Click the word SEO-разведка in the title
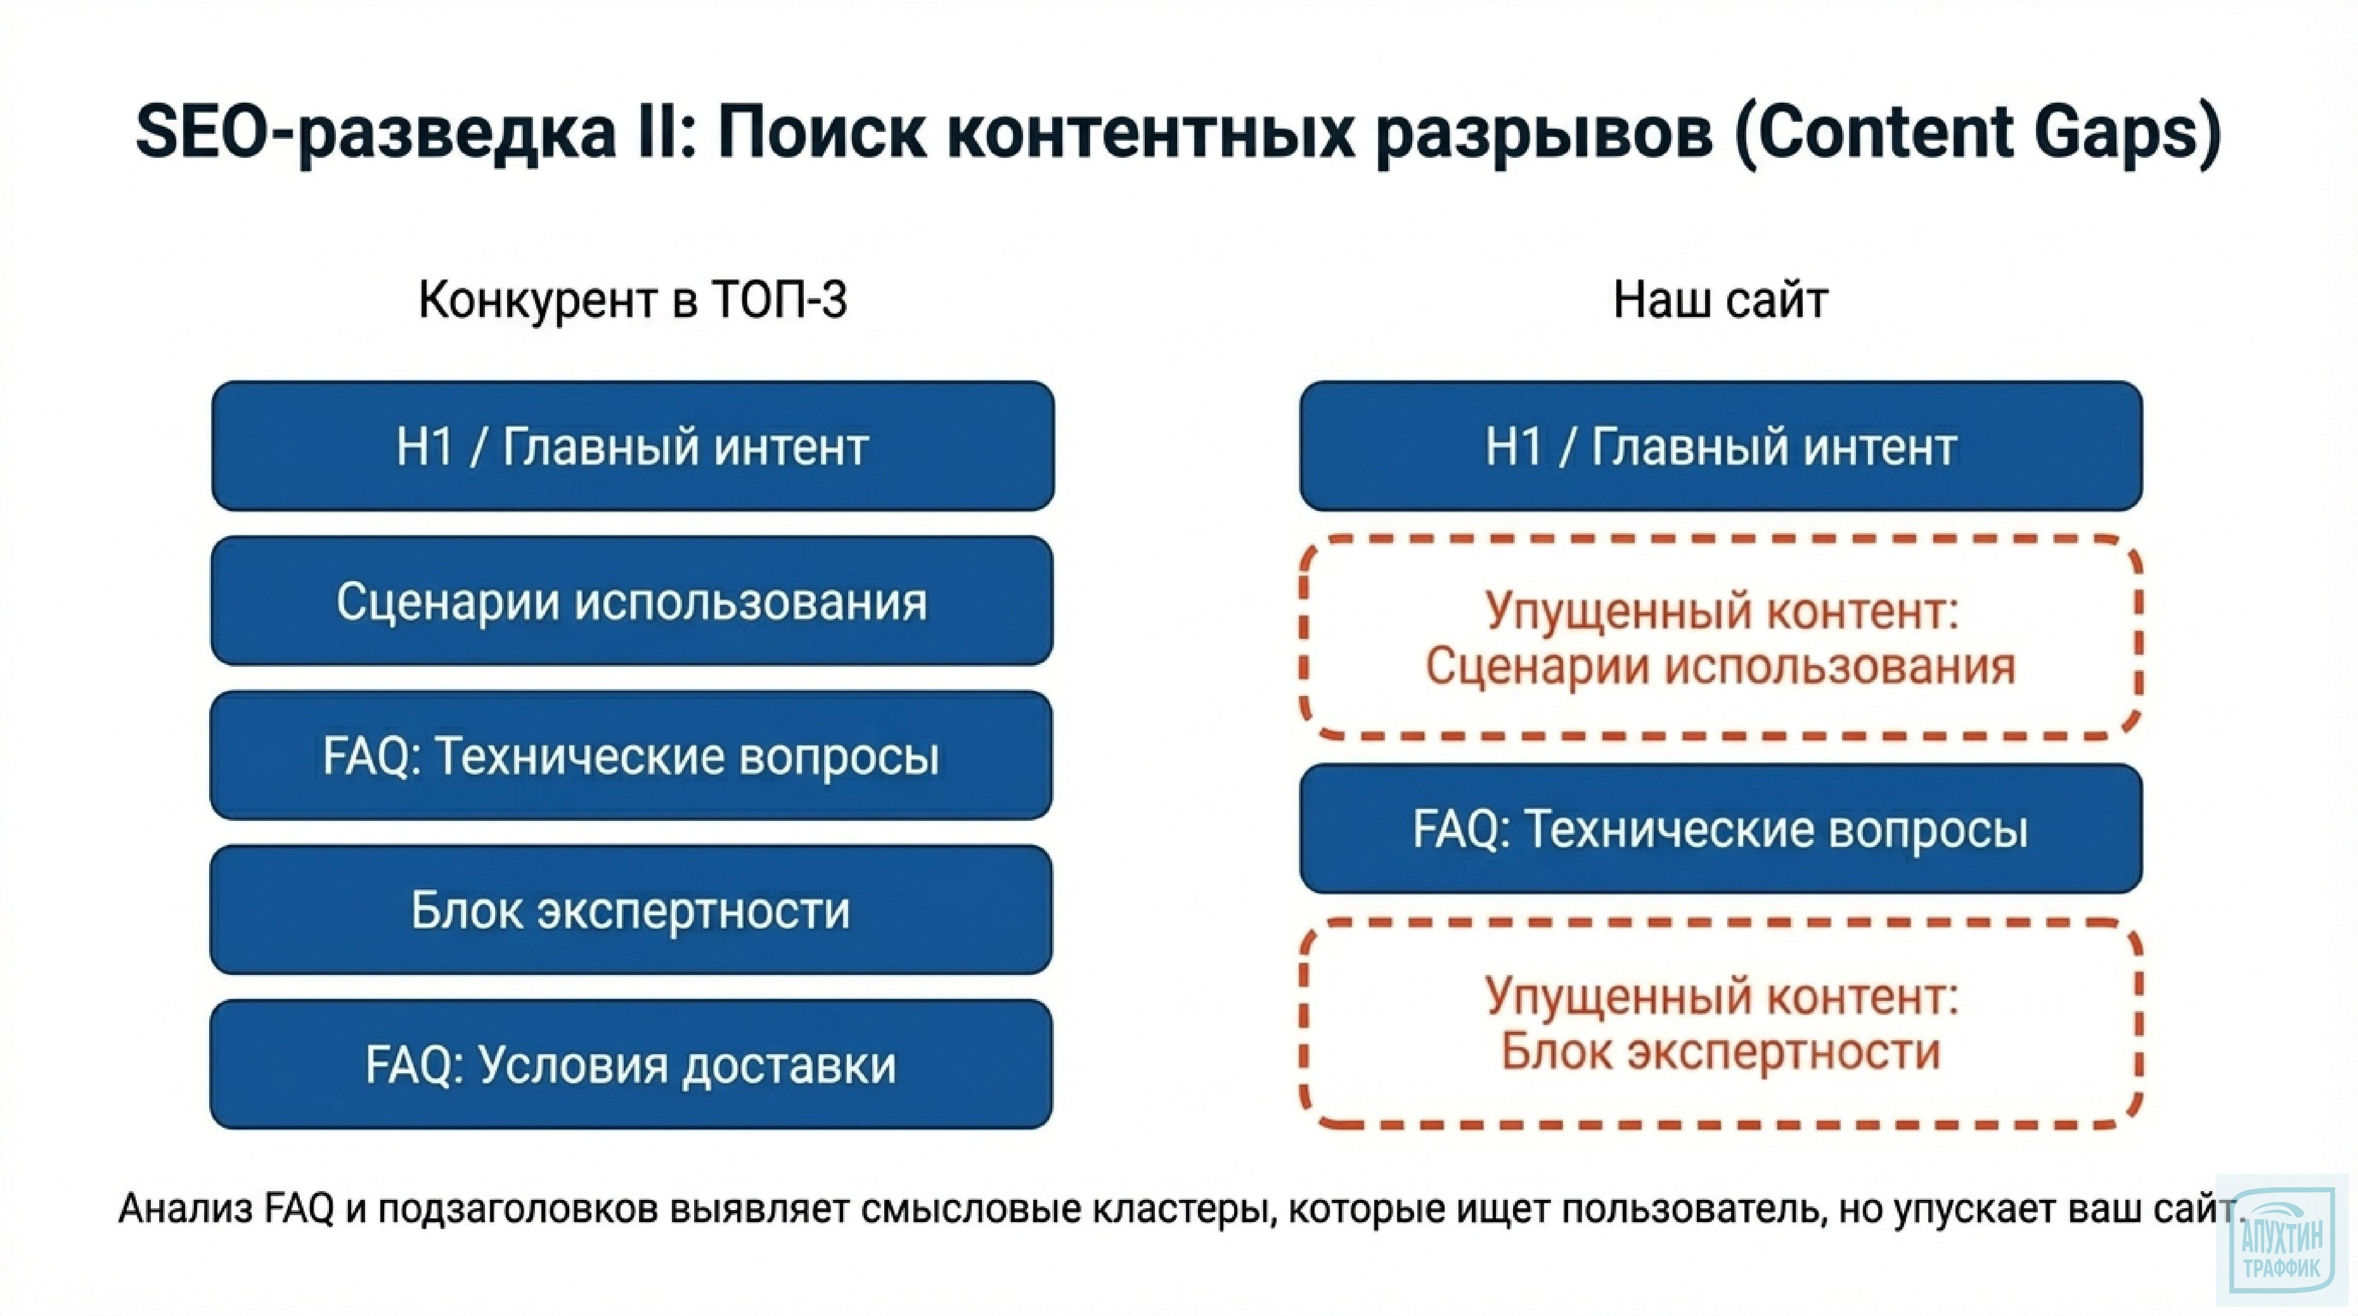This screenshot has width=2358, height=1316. pyautogui.click(x=375, y=133)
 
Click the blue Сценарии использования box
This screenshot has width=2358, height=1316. pyautogui.click(x=632, y=601)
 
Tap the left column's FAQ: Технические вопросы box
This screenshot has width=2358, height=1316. pyautogui.click(x=632, y=756)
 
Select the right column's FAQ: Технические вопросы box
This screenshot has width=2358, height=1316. pyautogui.click(x=1720, y=829)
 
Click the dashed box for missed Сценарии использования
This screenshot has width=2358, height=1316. pyautogui.click(x=1720, y=638)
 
